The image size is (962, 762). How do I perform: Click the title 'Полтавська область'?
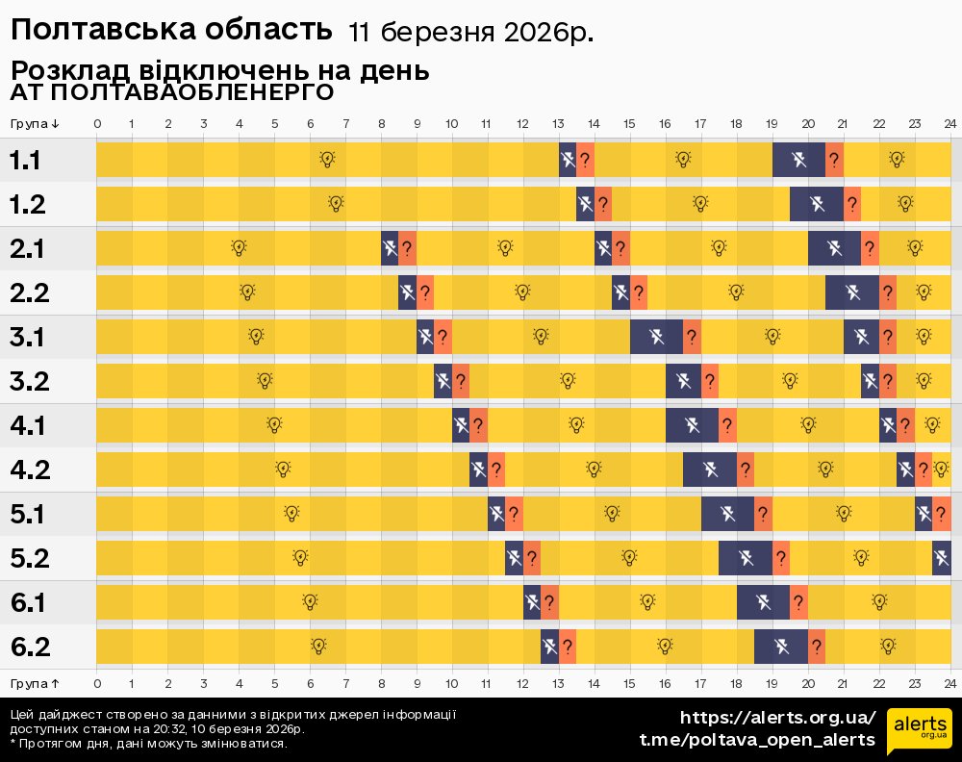(172, 30)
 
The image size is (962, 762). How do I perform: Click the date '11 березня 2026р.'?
(470, 33)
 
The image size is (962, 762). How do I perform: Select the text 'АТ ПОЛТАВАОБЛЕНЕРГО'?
(172, 92)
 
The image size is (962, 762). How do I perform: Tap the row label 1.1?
(25, 160)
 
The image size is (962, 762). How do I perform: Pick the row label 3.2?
(29, 381)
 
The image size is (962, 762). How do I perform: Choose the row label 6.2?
(29, 647)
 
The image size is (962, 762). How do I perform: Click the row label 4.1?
(27, 425)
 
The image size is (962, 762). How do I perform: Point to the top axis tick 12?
(522, 123)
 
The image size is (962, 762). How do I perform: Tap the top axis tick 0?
(97, 123)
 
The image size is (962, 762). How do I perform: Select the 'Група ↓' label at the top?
(36, 123)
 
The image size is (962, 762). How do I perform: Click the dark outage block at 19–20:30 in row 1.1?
(798, 159)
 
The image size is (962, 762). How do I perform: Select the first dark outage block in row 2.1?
(390, 248)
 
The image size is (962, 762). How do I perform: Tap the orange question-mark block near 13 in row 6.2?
(568, 647)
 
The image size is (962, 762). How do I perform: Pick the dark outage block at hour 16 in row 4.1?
(692, 425)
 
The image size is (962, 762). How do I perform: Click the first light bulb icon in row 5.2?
(300, 557)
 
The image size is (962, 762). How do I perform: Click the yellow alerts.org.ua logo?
(919, 728)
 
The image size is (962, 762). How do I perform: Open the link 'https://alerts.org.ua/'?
(777, 717)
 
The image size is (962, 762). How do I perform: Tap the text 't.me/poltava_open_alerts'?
(757, 739)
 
